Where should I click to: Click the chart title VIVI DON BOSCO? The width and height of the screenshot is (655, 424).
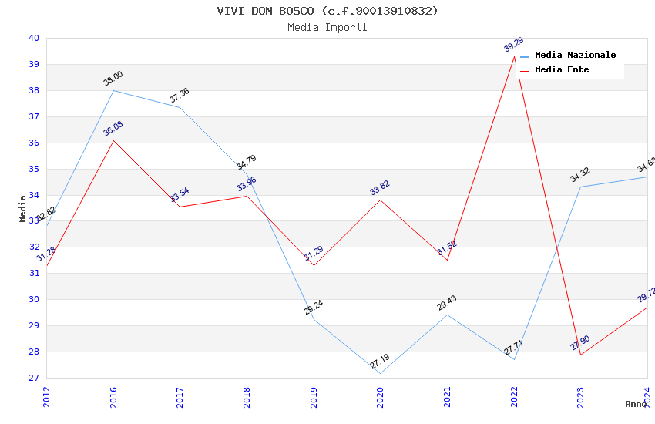coord(327,11)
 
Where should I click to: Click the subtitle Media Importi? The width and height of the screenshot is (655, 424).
coord(327,28)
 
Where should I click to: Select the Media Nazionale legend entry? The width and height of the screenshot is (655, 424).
coord(575,56)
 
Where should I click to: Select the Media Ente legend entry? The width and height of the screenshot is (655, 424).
coord(562,70)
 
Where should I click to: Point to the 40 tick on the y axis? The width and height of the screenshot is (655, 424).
coord(34,38)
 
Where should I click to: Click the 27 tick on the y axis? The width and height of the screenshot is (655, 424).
coord(34,378)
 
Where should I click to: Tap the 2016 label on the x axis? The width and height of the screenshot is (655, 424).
coord(113,396)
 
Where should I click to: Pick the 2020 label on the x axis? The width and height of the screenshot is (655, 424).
coord(380,396)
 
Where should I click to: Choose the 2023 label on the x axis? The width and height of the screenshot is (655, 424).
coord(580,396)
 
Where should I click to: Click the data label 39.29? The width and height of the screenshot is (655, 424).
coord(513,44)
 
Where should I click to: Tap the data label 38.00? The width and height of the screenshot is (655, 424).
coord(113,78)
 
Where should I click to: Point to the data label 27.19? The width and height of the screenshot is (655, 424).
coord(380,362)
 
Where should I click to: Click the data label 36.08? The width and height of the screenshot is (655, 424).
coord(113,128)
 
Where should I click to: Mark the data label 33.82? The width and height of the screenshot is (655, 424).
coord(380,187)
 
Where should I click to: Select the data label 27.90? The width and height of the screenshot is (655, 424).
coord(580,343)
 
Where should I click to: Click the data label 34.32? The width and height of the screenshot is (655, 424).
coord(580,174)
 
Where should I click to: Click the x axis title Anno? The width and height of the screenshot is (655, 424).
coord(636,404)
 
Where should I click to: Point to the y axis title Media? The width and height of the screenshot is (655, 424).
coord(23,208)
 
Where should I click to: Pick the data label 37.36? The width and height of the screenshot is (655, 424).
coord(180,95)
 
